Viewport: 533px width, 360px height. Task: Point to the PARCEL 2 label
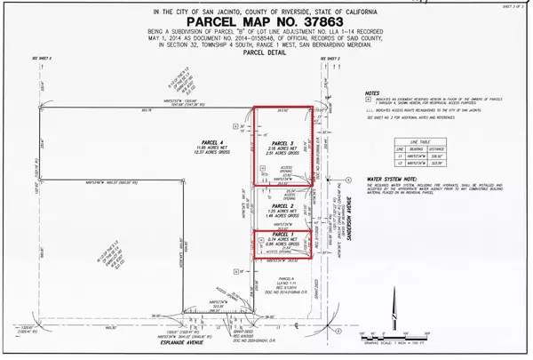coord(282,204)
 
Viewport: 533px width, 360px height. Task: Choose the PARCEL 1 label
coord(282,236)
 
